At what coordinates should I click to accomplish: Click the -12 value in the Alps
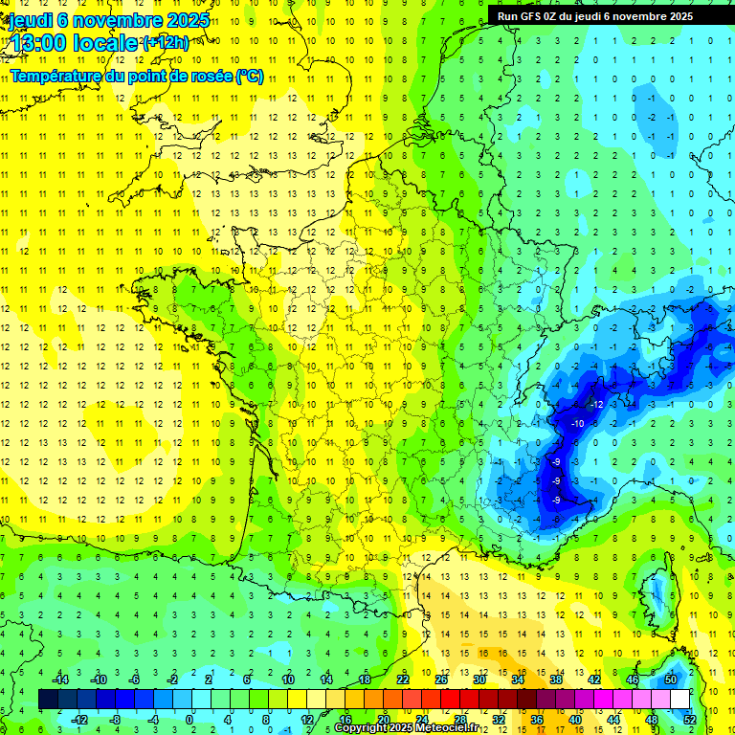(595, 404)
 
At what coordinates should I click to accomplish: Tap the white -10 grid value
(577, 423)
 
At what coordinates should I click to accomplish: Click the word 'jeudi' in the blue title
(30, 20)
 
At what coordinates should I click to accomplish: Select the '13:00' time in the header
(38, 43)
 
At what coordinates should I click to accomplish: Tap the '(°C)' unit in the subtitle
(250, 77)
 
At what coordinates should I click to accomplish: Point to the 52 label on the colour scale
(690, 720)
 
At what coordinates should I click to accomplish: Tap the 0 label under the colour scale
(190, 720)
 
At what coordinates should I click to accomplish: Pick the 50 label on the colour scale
(671, 679)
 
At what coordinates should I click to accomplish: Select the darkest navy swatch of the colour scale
(49, 700)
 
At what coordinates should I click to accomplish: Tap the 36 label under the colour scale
(537, 720)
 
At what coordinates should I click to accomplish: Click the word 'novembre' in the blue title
(122, 20)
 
